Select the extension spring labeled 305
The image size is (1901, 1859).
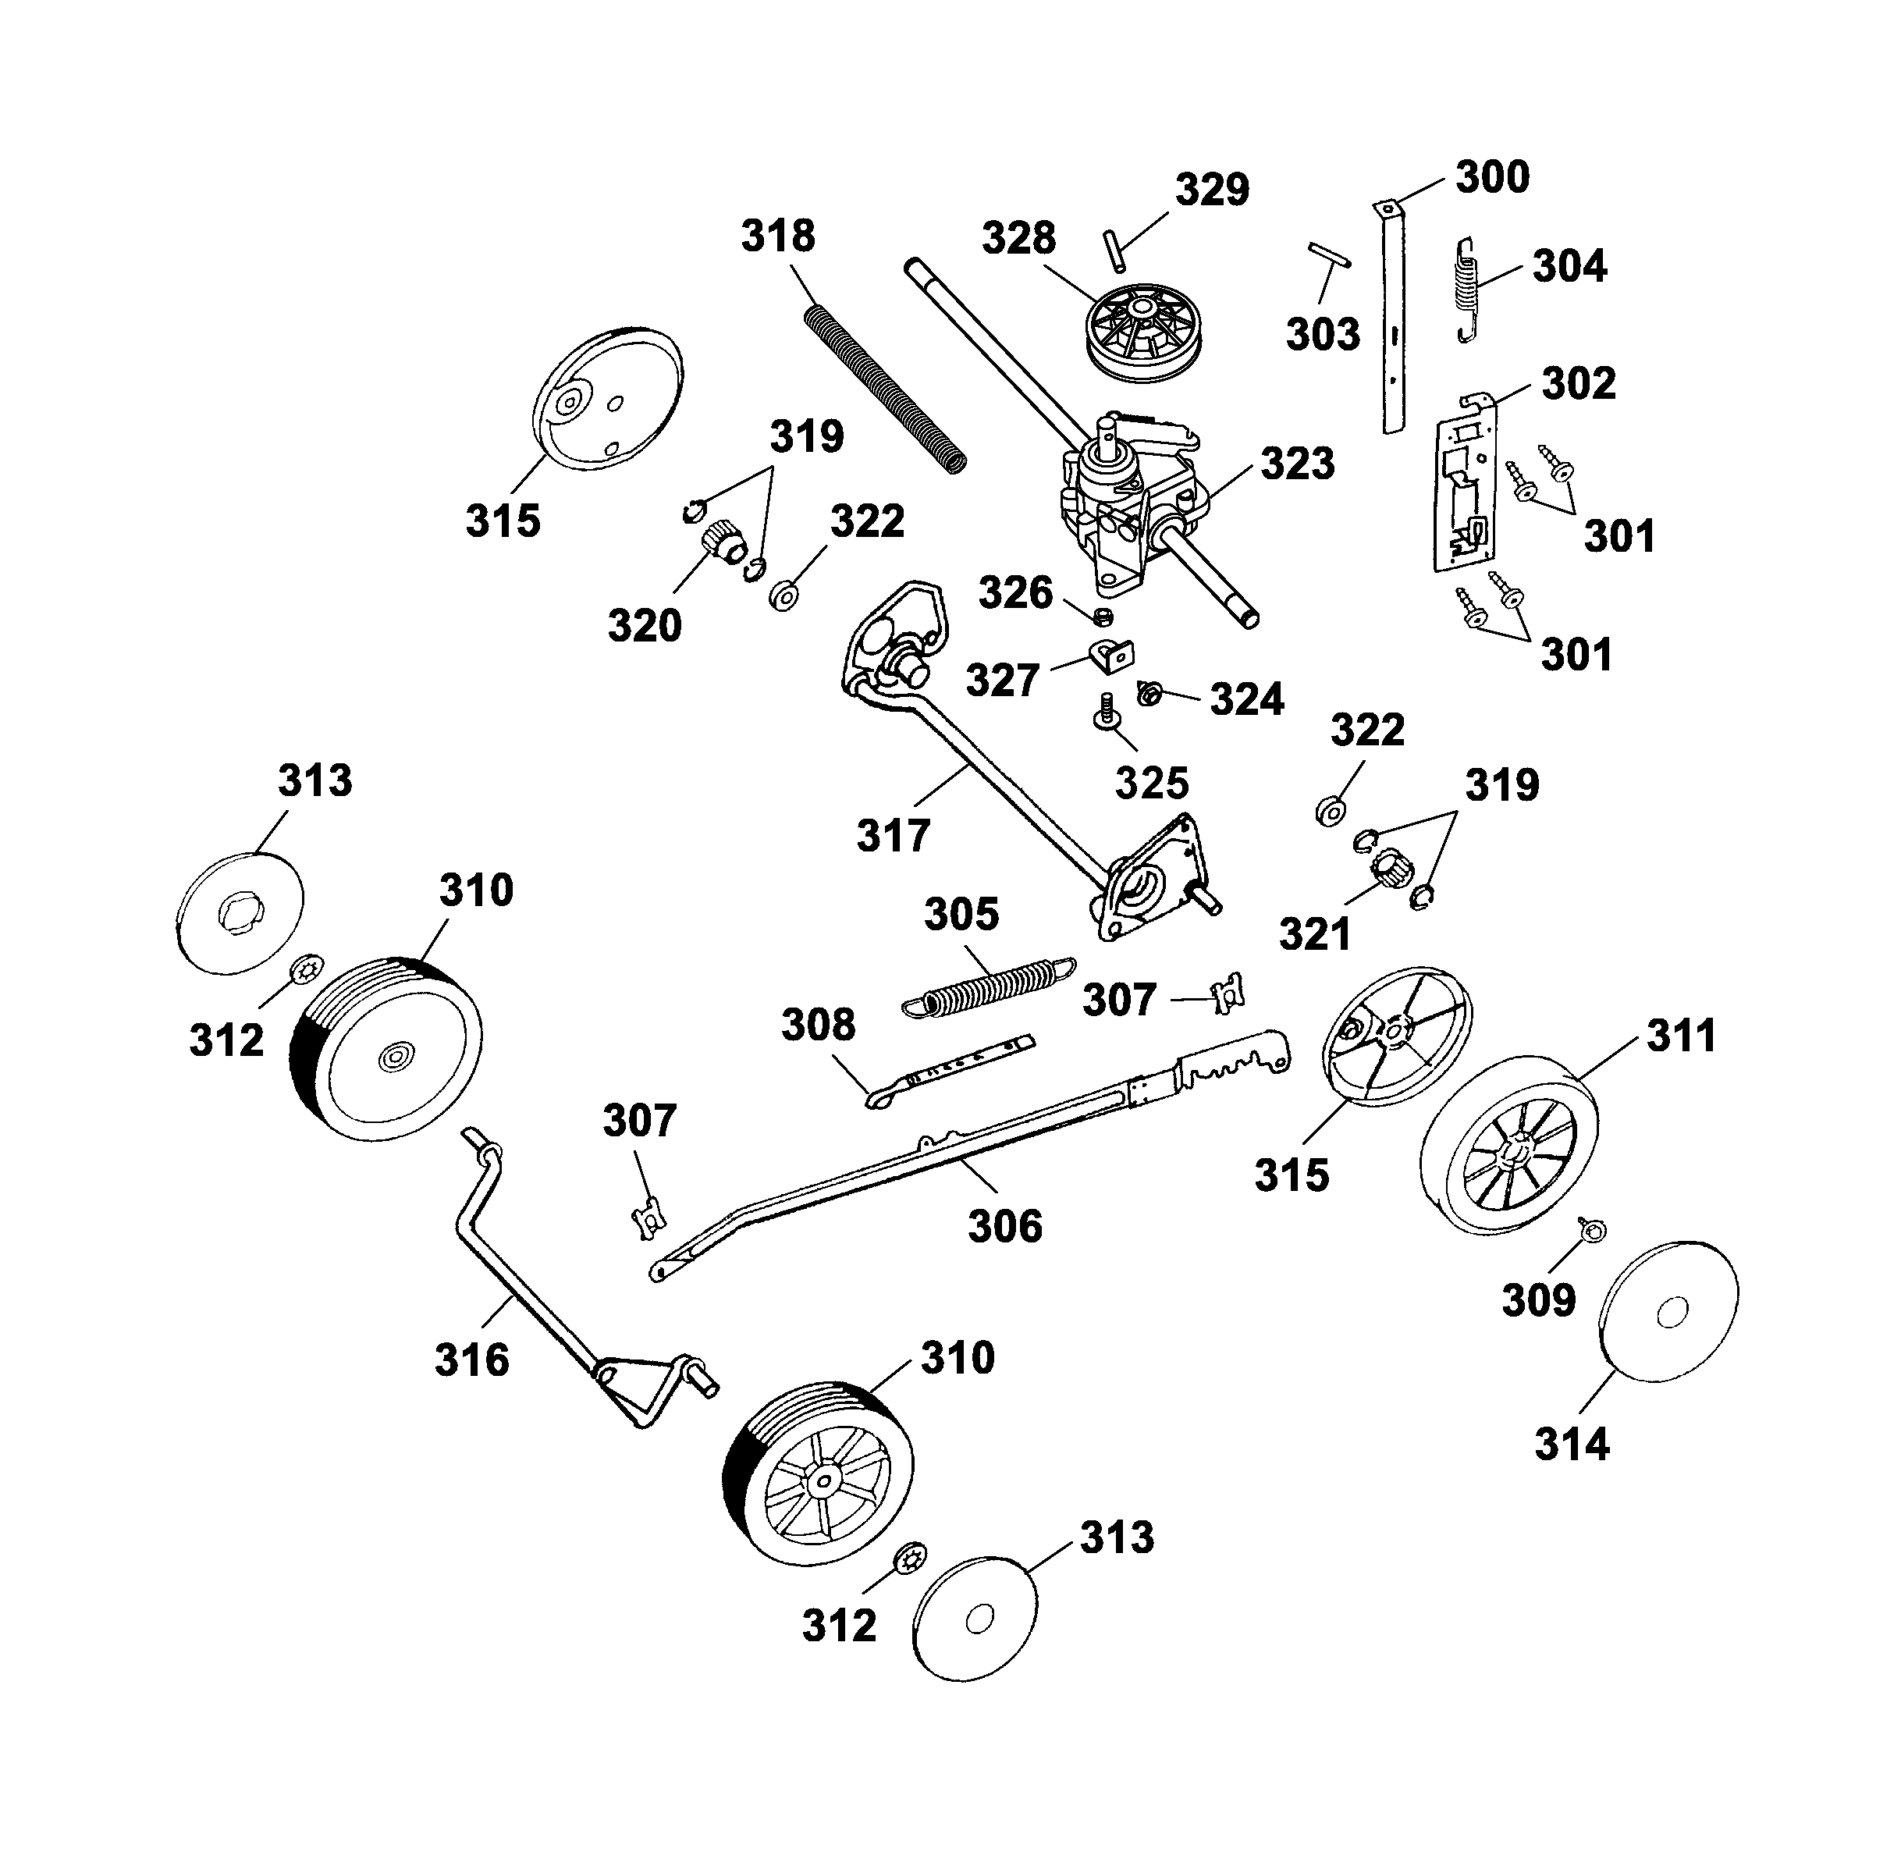click(988, 987)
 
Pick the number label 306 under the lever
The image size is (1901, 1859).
click(1004, 1226)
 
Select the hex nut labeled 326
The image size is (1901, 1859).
click(1103, 616)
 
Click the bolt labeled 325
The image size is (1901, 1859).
click(1104, 712)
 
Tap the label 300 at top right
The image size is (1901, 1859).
click(1492, 178)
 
